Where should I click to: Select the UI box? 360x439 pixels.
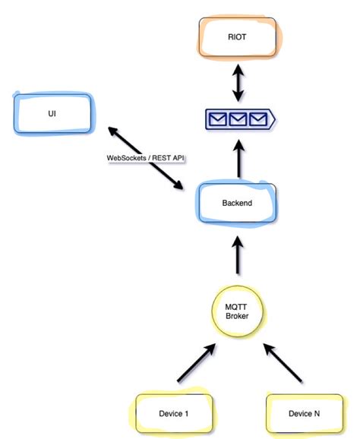(52, 114)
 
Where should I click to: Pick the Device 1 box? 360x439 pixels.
(175, 415)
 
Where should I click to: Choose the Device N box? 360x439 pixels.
(303, 415)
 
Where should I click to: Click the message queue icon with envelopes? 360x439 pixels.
(238, 119)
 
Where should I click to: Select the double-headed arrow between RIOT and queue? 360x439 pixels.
(238, 80)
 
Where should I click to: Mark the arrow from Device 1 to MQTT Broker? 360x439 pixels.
(196, 363)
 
